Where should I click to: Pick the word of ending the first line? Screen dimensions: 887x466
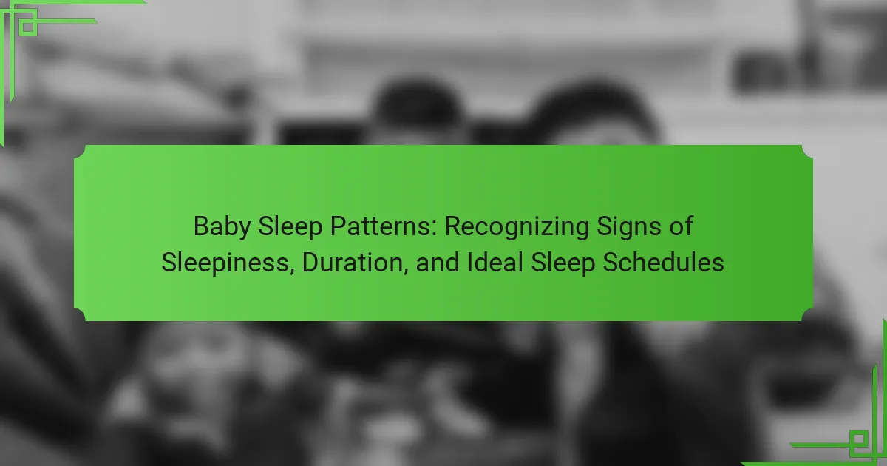click(681, 226)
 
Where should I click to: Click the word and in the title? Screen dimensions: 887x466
click(438, 263)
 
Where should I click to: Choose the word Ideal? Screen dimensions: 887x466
click(495, 263)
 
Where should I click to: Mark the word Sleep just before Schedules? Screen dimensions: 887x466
click(563, 263)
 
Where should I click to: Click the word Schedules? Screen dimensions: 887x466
click(663, 263)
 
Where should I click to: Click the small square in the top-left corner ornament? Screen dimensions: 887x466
click(28, 27)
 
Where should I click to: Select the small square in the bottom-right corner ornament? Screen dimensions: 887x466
click(858, 439)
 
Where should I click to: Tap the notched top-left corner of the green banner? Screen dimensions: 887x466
click(80, 151)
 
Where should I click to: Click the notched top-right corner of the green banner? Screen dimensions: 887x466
click(807, 151)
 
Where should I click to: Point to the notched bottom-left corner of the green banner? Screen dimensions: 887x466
click(80, 315)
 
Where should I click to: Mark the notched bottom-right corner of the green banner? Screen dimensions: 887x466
click(807, 315)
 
